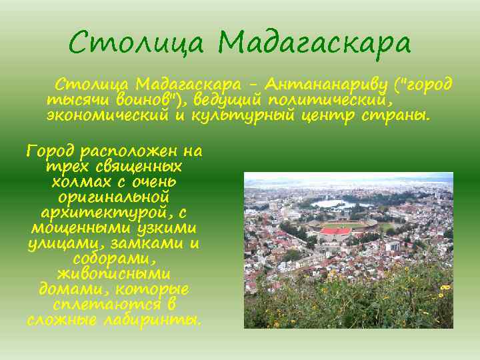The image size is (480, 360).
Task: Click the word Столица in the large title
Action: click(136, 43)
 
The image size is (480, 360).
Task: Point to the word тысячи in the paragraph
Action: click(74, 100)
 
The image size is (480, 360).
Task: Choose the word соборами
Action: click(114, 259)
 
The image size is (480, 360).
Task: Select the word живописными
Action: click(114, 274)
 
